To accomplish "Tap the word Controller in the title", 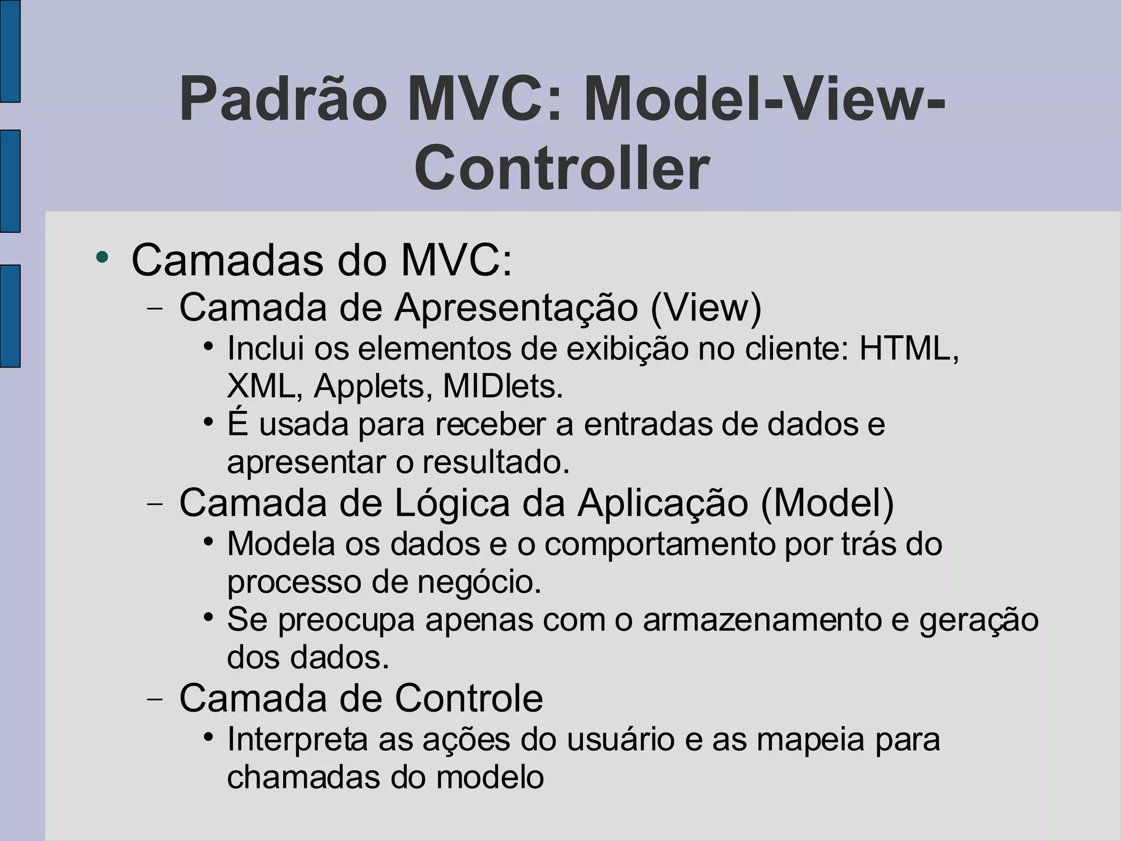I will point(562,168).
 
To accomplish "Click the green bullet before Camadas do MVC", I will point(102,257).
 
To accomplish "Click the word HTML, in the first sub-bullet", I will point(909,348).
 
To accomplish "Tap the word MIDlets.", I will point(503,386).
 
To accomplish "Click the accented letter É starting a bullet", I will point(238,424).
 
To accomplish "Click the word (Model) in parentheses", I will point(827,502).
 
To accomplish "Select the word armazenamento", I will point(762,620).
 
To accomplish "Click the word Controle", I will point(469,698).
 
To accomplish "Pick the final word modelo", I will point(490,777).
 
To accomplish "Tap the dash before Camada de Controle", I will point(156,699).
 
